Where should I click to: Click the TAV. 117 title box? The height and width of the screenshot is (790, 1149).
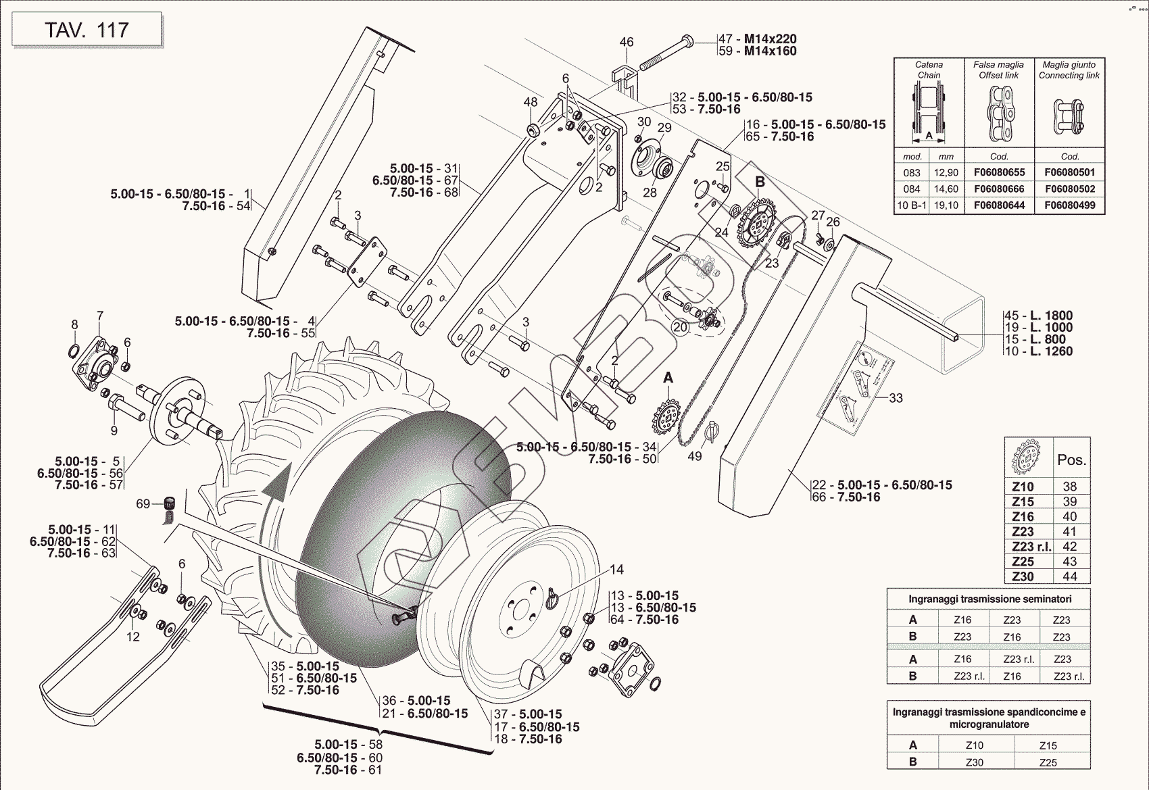pyautogui.click(x=87, y=30)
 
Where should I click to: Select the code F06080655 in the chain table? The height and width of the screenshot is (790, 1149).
pyautogui.click(x=999, y=172)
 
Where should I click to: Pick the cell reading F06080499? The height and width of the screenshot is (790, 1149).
pyautogui.click(x=1069, y=205)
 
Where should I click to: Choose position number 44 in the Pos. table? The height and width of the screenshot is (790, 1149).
pyautogui.click(x=1069, y=576)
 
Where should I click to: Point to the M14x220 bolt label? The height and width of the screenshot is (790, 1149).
pyautogui.click(x=770, y=39)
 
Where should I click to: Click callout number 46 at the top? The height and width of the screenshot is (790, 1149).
pyautogui.click(x=627, y=42)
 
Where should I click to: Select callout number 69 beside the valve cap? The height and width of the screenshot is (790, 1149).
pyautogui.click(x=143, y=503)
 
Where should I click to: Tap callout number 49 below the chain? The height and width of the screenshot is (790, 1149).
pyautogui.click(x=695, y=456)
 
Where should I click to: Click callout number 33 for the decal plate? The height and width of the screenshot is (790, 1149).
pyautogui.click(x=896, y=398)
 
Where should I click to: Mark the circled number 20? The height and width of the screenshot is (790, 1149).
pyautogui.click(x=680, y=327)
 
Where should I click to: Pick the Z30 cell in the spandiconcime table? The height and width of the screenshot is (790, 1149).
pyautogui.click(x=975, y=762)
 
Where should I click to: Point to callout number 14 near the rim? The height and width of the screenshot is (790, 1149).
pyautogui.click(x=616, y=570)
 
